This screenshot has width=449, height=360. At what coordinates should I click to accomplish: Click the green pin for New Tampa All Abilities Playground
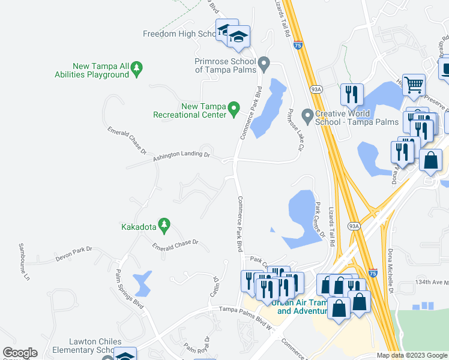pyautogui.click(x=137, y=69)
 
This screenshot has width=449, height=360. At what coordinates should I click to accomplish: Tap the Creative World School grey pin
pyautogui.click(x=307, y=114)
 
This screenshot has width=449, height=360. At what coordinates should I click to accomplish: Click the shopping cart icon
pyautogui.click(x=414, y=85)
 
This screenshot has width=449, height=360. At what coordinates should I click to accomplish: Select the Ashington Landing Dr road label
pyautogui.click(x=181, y=155)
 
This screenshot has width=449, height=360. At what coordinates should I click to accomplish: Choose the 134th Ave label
pyautogui.click(x=431, y=283)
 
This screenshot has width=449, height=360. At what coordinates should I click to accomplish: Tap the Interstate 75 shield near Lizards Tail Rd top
pyautogui.click(x=298, y=44)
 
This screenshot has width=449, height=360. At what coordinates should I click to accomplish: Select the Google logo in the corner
pyautogui.click(x=20, y=353)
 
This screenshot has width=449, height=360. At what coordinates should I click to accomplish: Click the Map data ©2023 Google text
pyautogui.click(x=411, y=355)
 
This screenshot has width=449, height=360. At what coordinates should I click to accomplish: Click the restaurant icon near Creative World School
pyautogui.click(x=351, y=94)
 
